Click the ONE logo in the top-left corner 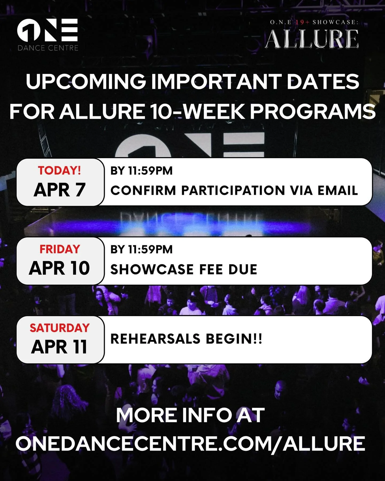(47, 30)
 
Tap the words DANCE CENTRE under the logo (48, 48)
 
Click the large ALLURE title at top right (312, 39)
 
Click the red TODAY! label (59, 170)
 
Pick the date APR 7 (59, 190)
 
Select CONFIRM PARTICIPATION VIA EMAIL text (234, 191)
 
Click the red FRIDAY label (60, 249)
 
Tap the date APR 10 (59, 268)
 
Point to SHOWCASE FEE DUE (184, 269)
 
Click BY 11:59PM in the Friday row (141, 250)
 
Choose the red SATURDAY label (59, 328)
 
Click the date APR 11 (59, 347)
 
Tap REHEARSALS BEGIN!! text (186, 339)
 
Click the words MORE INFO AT (190, 416)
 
